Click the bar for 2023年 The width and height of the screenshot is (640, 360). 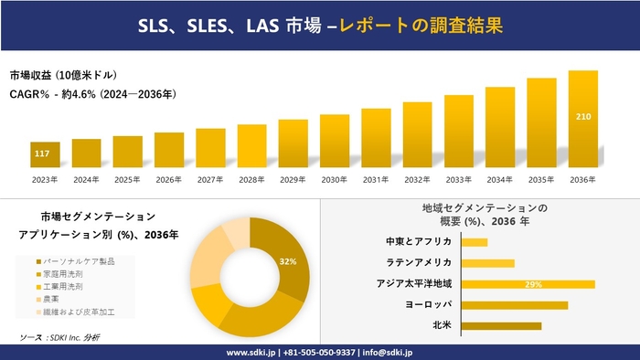(45, 155)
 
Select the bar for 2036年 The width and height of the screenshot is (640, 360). (582, 119)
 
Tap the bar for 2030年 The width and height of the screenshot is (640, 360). (335, 141)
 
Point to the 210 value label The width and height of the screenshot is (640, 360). (582, 117)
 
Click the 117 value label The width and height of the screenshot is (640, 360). (42, 153)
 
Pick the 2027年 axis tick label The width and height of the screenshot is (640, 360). (210, 179)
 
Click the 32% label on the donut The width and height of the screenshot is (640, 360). (287, 262)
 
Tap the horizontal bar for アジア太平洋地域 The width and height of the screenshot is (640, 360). (528, 284)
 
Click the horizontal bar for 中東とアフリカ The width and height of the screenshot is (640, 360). (475, 242)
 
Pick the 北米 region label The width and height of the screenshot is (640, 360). (442, 325)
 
